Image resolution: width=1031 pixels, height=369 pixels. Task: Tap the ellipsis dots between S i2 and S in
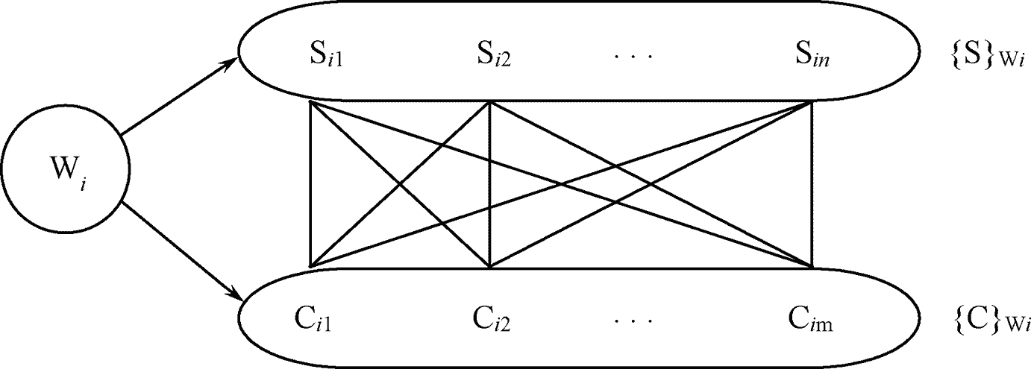[633, 57]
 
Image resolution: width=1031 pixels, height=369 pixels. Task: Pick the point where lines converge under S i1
[309, 102]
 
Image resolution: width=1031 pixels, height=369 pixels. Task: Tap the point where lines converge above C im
[812, 266]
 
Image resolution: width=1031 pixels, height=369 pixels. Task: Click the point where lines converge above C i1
[309, 266]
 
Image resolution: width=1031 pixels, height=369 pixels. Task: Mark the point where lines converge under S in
[812, 102]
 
